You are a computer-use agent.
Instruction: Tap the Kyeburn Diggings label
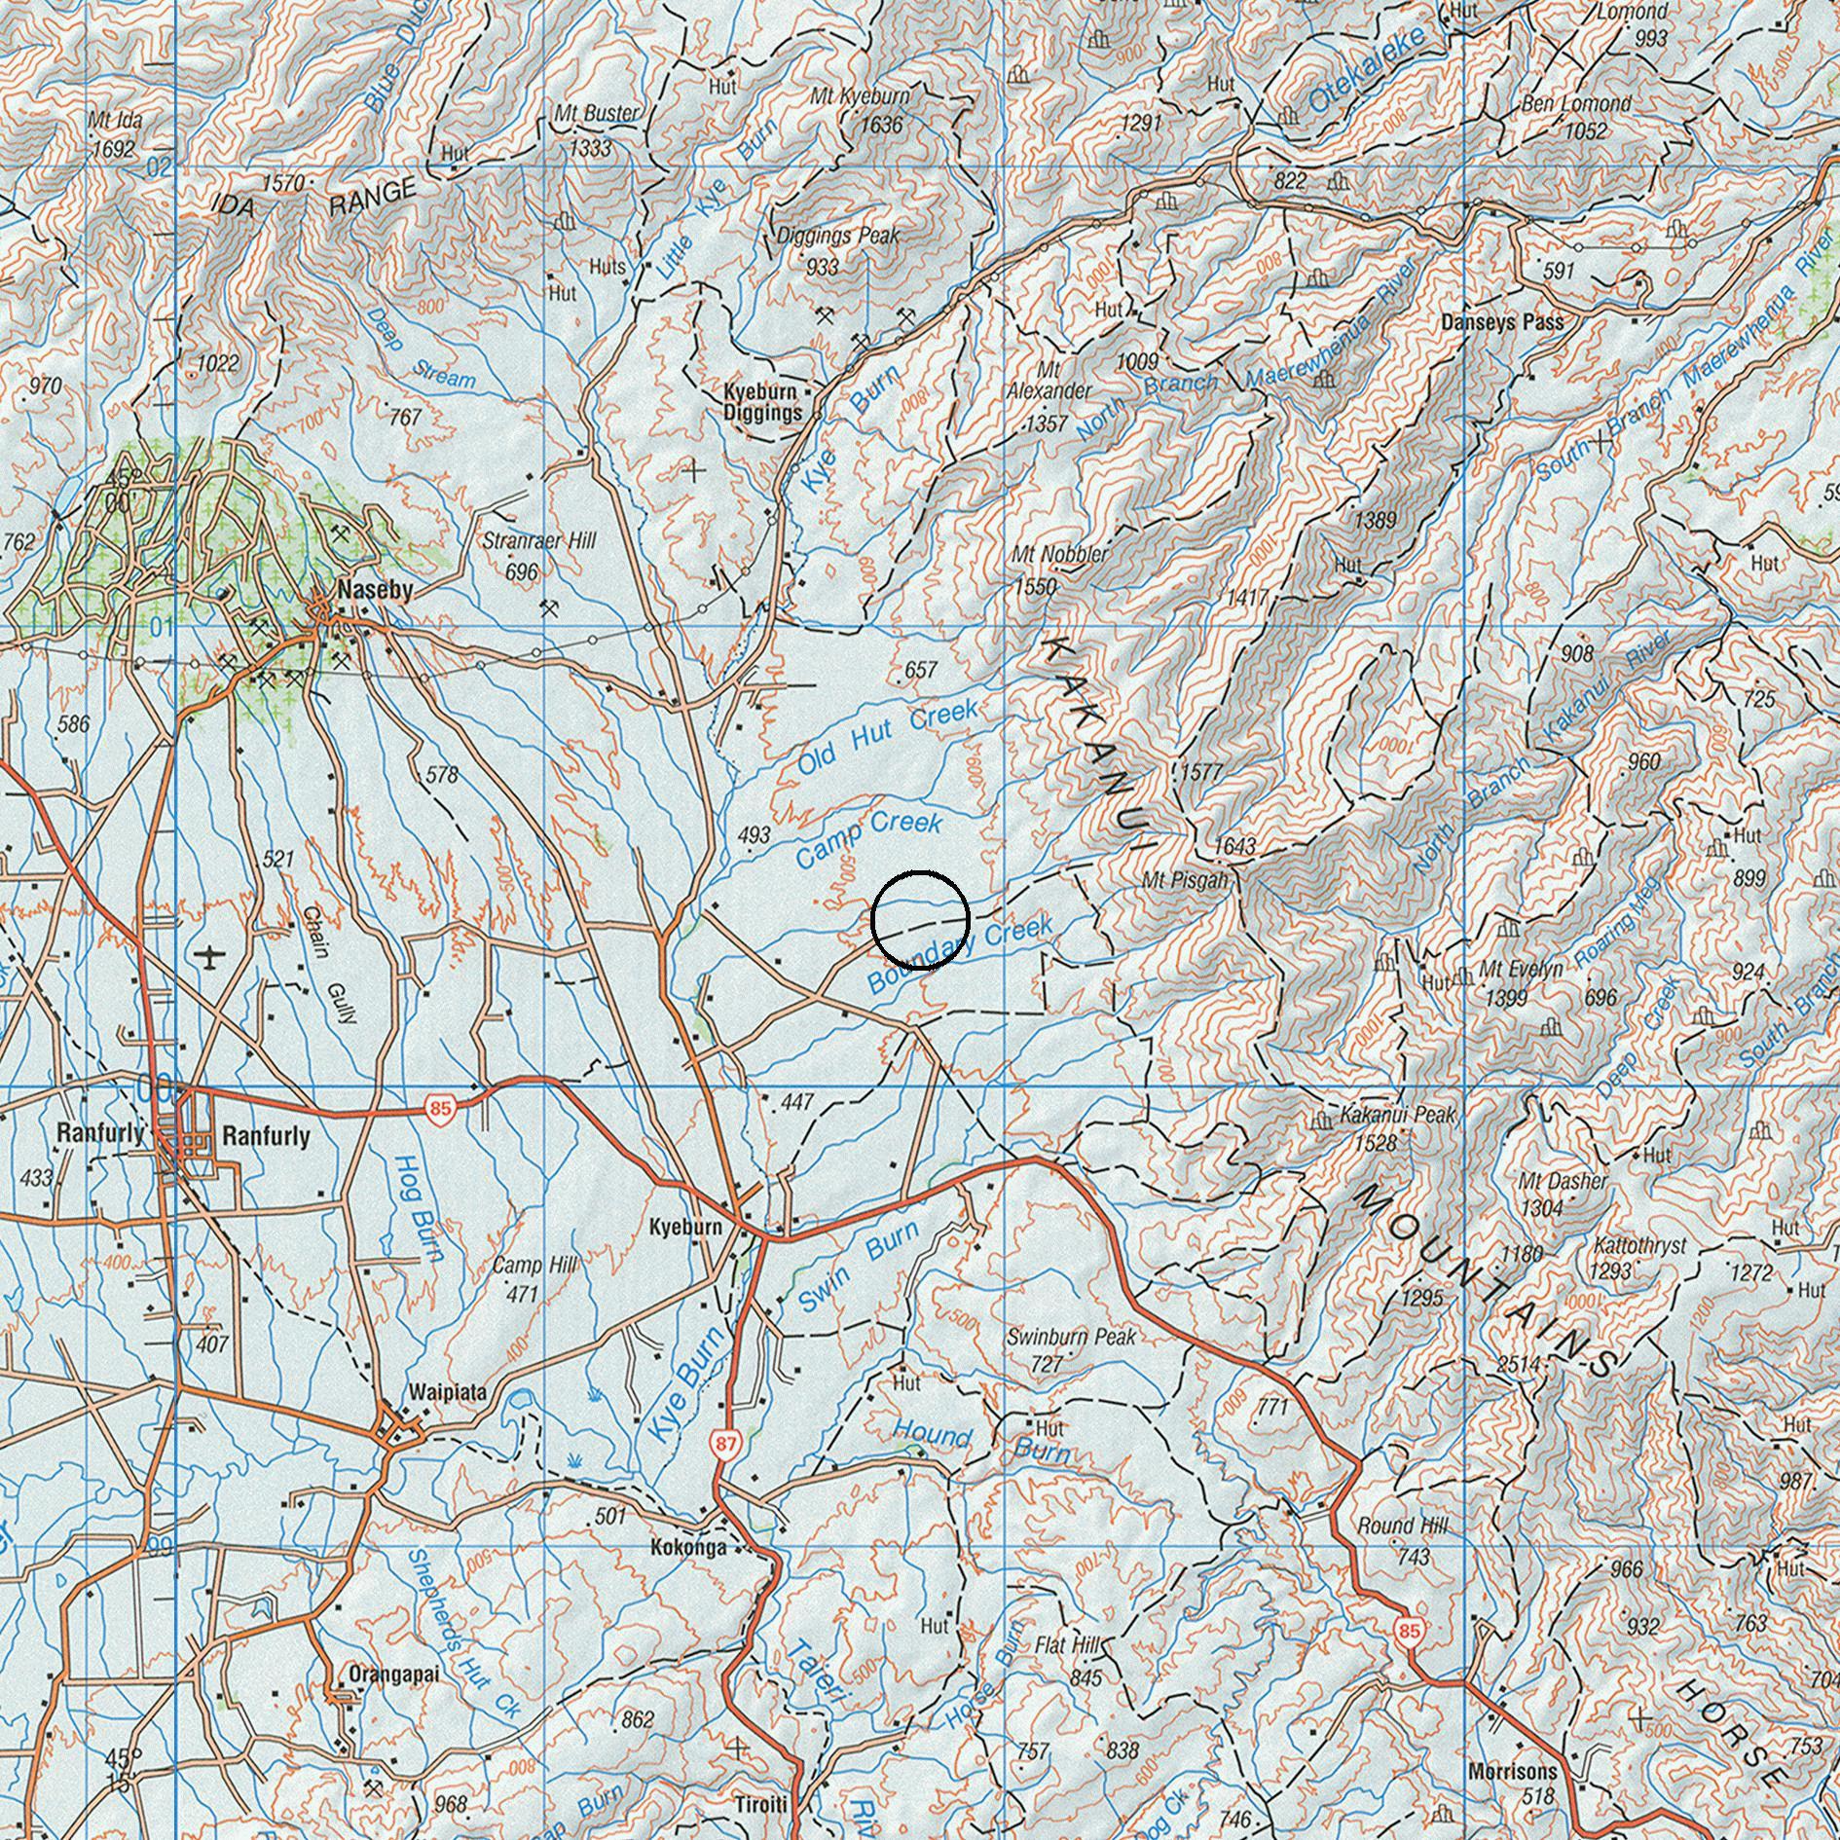(762, 402)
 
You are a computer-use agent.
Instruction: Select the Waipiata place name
(448, 1392)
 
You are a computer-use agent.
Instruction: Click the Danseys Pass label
(1502, 322)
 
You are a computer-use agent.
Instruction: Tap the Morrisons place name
(1513, 1771)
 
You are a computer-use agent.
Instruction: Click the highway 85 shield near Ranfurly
(440, 1109)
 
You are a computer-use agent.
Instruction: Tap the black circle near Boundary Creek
(920, 919)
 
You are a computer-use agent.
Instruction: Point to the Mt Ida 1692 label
(113, 134)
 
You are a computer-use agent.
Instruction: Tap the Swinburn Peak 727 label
(1070, 1349)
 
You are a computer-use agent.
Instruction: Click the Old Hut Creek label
(887, 739)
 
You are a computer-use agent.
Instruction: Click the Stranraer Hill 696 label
(538, 555)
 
